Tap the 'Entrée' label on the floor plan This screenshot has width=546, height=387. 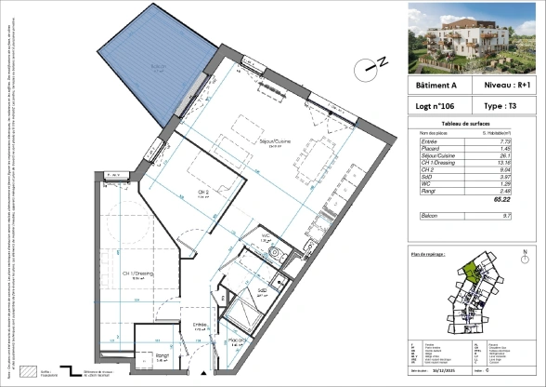pyautogui.click(x=200, y=326)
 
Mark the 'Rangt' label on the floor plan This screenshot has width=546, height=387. pyautogui.click(x=160, y=355)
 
